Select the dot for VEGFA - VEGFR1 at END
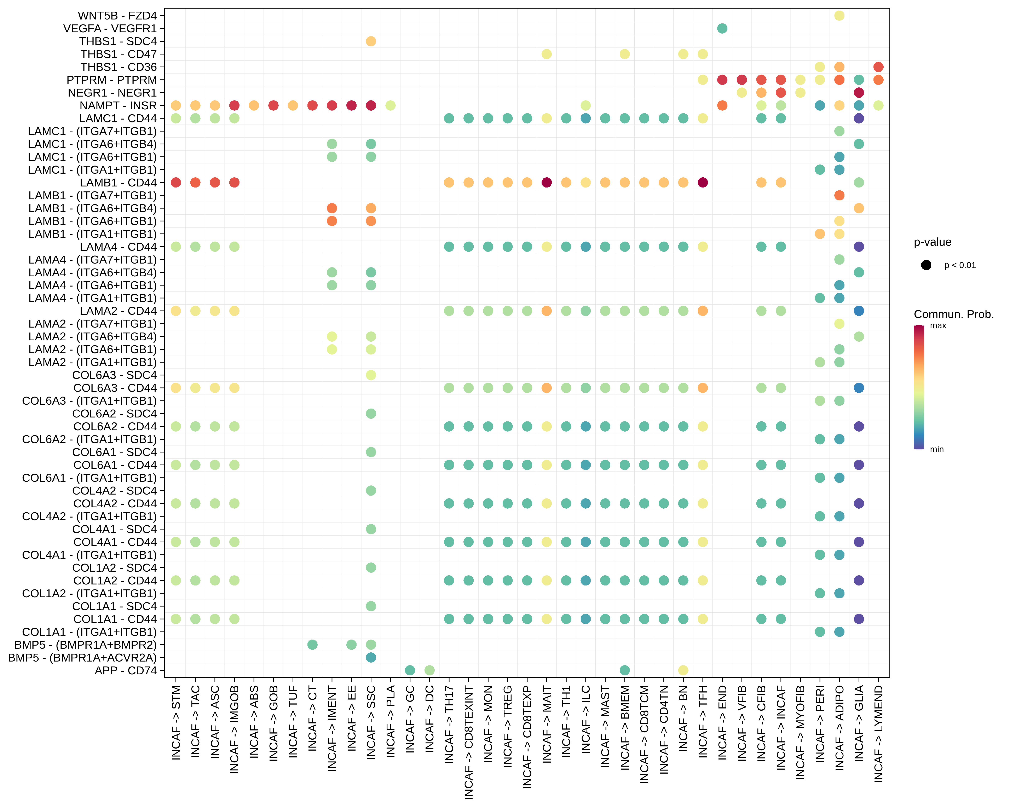tap(722, 29)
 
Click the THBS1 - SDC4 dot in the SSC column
tap(371, 41)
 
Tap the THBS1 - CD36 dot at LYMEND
tap(878, 67)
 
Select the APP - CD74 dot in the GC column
tap(410, 670)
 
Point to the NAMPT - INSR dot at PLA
tap(390, 105)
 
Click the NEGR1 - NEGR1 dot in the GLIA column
tap(859, 93)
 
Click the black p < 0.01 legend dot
tap(926, 265)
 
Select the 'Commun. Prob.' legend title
tap(953, 314)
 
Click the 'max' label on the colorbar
tap(938, 325)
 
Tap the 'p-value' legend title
tap(932, 242)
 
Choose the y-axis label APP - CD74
tap(126, 670)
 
